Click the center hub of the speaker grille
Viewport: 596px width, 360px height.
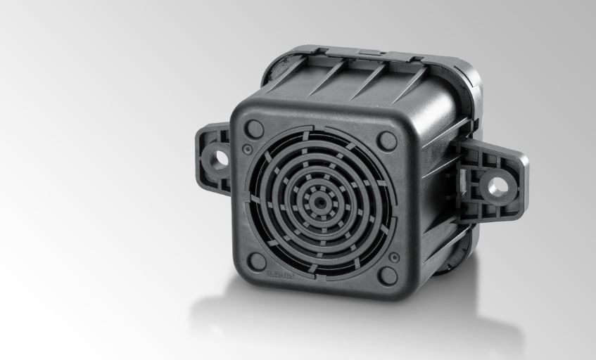[x=320, y=200]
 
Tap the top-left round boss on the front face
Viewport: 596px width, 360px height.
[x=255, y=129]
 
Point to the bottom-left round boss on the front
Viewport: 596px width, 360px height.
[x=258, y=262]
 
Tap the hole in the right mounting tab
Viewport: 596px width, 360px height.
[x=497, y=186]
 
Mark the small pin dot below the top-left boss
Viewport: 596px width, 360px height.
[x=246, y=149]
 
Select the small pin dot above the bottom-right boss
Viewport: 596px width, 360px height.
[x=394, y=257]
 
